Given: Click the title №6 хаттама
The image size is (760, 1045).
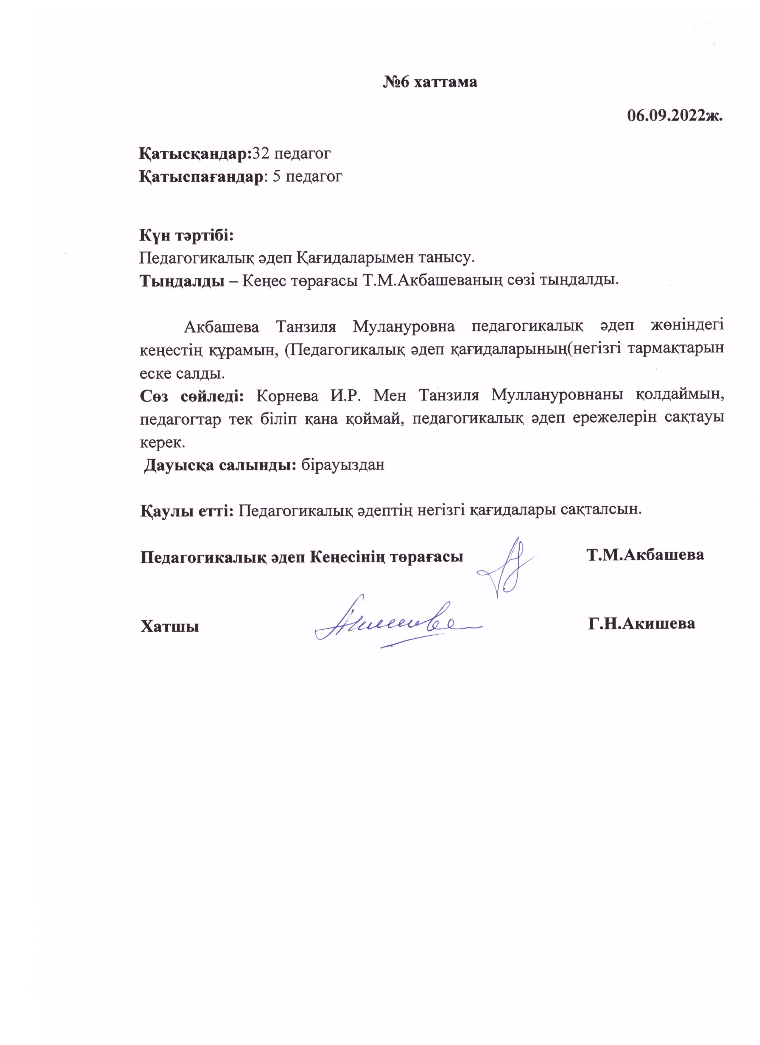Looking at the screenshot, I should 430,82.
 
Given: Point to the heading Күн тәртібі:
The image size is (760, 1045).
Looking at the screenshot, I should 187,235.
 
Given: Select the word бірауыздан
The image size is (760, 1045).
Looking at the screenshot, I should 342,464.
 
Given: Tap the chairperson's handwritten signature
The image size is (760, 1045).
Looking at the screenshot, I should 506,569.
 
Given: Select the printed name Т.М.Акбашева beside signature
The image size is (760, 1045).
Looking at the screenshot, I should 645,555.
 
